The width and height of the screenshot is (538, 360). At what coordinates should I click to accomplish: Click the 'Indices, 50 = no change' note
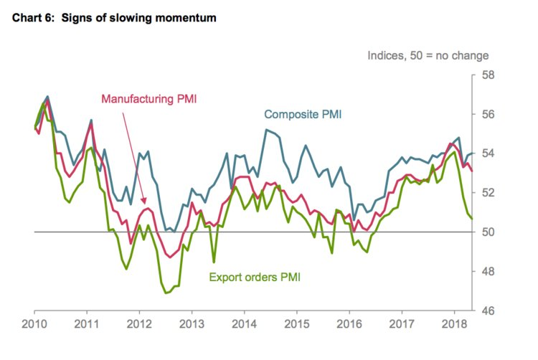click(x=428, y=55)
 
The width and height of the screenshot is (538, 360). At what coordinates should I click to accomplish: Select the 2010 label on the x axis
click(x=34, y=324)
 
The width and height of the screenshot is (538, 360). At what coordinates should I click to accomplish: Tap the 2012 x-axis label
click(x=138, y=324)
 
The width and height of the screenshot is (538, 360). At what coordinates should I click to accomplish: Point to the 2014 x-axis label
click(x=244, y=324)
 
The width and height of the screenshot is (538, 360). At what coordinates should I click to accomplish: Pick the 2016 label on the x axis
click(x=349, y=324)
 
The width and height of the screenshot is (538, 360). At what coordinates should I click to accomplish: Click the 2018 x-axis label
click(x=453, y=324)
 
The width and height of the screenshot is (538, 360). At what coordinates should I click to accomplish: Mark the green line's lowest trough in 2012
click(x=166, y=293)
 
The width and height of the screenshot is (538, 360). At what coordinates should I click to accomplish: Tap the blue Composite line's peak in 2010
click(x=47, y=96)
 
